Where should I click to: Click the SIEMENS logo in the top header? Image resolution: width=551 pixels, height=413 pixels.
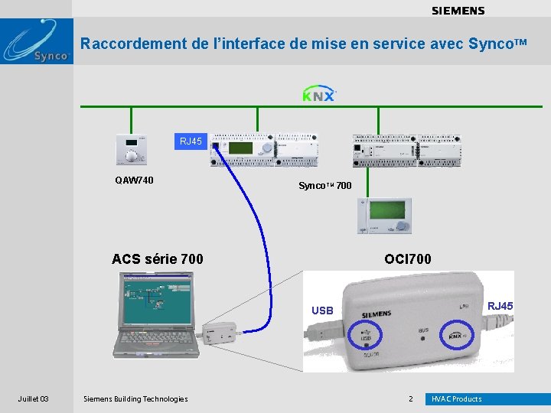point(458,11)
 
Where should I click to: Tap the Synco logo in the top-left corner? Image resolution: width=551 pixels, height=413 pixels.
point(37,43)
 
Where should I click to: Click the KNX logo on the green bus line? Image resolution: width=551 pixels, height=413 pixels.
point(318,95)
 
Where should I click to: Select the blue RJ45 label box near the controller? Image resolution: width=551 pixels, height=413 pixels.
point(191,141)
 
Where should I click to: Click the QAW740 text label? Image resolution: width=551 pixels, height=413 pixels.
point(134,180)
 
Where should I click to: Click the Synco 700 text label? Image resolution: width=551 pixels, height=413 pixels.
point(324,186)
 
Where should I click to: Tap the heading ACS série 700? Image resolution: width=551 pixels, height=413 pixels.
point(158,259)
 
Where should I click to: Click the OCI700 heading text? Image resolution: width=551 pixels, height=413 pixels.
point(408,259)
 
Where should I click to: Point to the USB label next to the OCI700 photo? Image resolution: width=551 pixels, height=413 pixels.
point(322,311)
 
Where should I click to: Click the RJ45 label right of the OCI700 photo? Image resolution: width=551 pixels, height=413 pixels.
point(500,306)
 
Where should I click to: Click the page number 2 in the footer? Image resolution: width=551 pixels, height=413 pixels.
point(410,398)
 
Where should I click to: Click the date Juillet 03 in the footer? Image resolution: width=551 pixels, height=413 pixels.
point(34,398)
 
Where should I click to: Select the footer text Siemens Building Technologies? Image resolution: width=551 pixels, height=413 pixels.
point(135,398)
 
